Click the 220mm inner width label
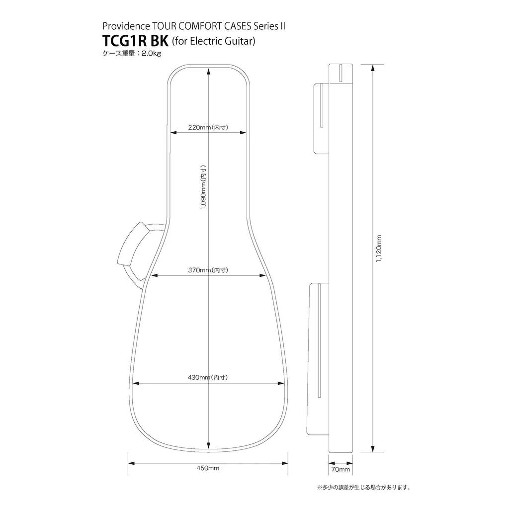tap(208, 127)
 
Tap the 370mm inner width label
tap(208, 270)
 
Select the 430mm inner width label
tap(208, 378)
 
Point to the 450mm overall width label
tap(208, 468)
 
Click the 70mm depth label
tap(340, 469)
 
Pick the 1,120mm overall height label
tap(378, 249)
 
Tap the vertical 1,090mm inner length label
tap(203, 187)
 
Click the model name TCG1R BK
tap(135, 41)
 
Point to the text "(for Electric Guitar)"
tap(213, 42)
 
